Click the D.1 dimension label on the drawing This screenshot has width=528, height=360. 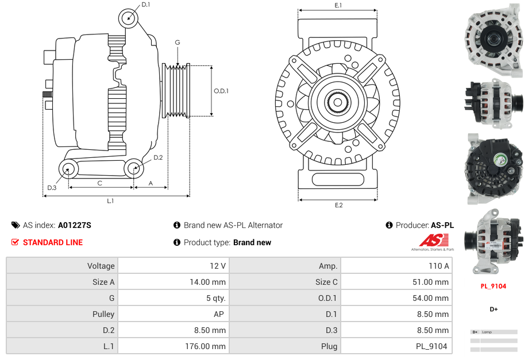pos(145,5)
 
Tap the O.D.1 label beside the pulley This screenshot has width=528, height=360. pos(221,91)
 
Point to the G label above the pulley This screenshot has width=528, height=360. pos(178,42)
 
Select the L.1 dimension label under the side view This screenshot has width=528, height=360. pos(110,201)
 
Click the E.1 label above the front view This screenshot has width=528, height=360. pos(338,5)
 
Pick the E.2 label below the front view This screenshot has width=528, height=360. pos(338,205)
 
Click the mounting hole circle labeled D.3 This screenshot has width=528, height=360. pos(68,169)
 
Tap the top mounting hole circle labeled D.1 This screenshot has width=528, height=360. pos(129,18)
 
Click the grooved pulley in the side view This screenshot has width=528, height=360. pos(177,91)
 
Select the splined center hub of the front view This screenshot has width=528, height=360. pos(337,103)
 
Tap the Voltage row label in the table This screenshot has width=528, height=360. pos(101,266)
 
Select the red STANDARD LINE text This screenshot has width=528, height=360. pos(52,242)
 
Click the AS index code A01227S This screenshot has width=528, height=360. pos(74,225)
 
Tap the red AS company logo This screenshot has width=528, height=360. pos(430,241)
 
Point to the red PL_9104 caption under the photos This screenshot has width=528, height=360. pos(493,286)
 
